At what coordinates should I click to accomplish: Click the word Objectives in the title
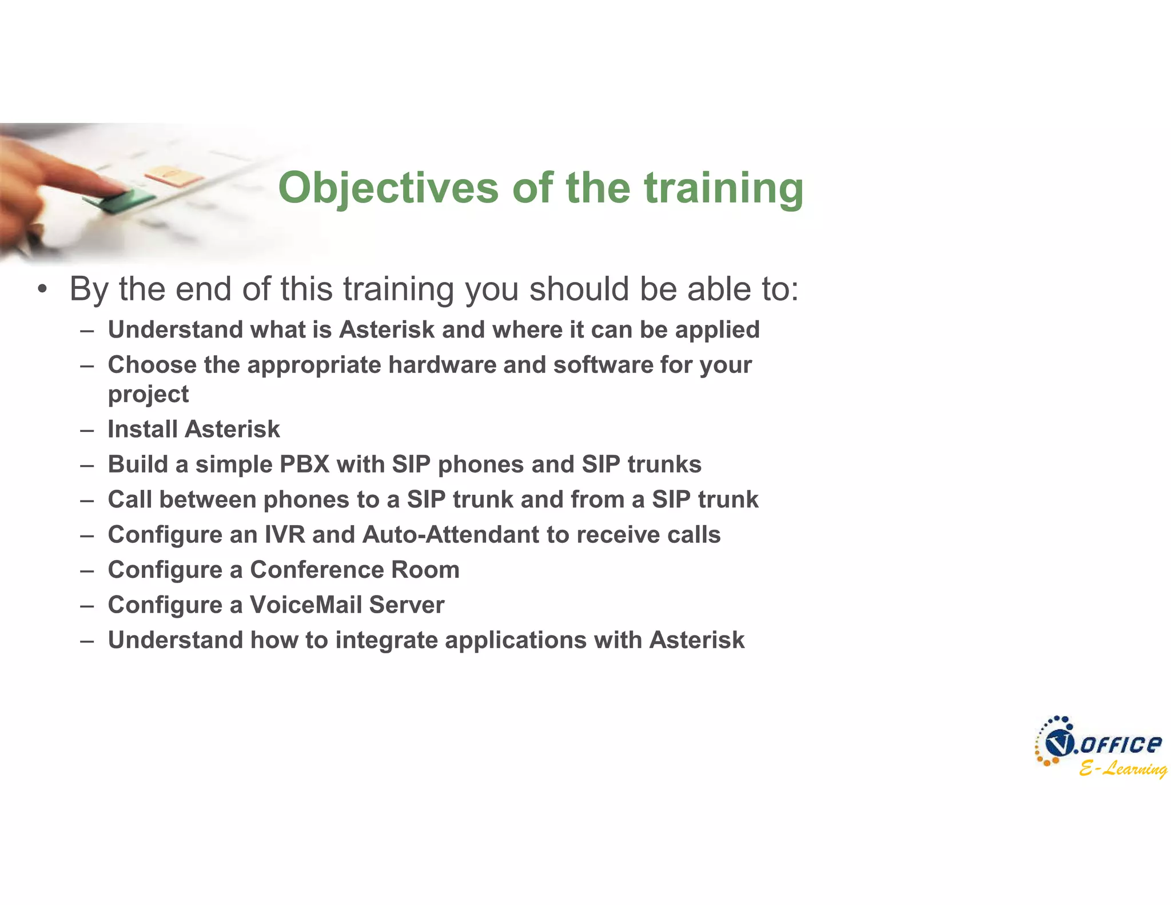pos(388,188)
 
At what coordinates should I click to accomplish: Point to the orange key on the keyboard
pos(173,175)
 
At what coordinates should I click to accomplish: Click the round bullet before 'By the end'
pos(42,289)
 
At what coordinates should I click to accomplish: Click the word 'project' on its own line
pos(148,395)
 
